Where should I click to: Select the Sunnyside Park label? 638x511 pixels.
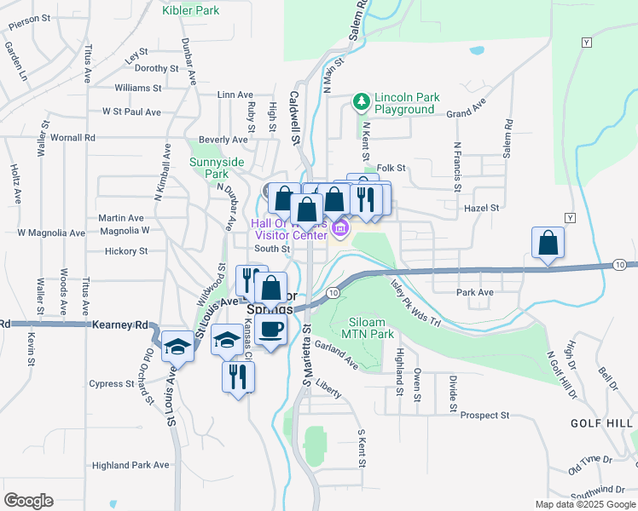tap(216, 168)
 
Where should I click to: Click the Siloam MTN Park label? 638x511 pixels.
tap(371, 328)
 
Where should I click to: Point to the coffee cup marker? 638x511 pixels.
tap(271, 330)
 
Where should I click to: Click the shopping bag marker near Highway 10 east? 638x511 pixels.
tap(548, 244)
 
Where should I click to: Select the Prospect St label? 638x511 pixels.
tap(484, 416)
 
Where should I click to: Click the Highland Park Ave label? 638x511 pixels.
tap(130, 465)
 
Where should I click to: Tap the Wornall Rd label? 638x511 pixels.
tap(72, 137)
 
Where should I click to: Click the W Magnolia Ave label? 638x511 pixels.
tap(51, 233)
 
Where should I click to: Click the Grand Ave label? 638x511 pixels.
tap(465, 112)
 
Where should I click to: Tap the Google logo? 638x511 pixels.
tap(28, 501)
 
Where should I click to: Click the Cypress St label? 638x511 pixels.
tap(107, 383)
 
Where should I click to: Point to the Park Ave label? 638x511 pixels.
tap(475, 292)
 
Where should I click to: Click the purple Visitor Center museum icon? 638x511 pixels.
tap(340, 228)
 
